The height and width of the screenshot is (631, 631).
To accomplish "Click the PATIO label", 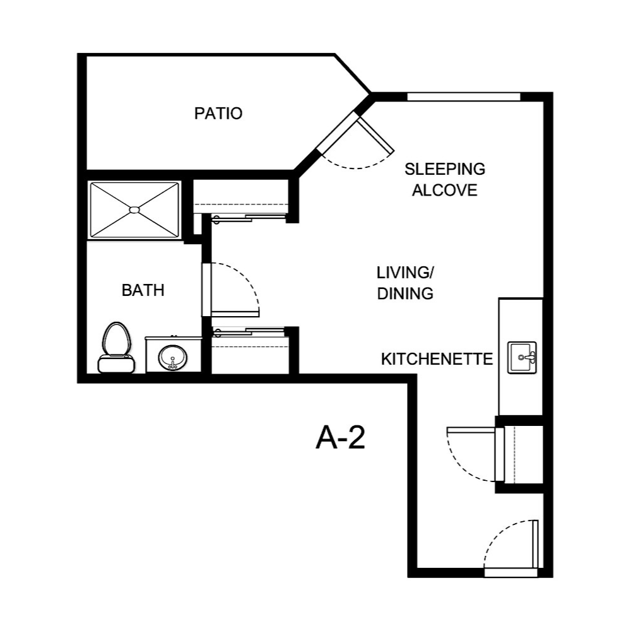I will (x=218, y=114).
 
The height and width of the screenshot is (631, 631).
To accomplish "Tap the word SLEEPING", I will (x=445, y=169).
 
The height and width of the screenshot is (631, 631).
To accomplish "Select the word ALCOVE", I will (x=445, y=191).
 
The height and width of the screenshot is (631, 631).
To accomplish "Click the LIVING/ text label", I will (x=404, y=273).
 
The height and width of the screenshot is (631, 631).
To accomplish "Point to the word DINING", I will (x=404, y=293).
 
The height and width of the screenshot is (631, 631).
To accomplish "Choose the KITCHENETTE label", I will (x=437, y=359).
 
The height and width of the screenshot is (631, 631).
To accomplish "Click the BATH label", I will (x=143, y=290).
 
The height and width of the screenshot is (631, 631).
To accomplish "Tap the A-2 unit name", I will (x=340, y=437).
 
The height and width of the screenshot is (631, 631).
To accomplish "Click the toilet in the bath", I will (x=116, y=347).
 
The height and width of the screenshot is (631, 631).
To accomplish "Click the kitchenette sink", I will (x=522, y=358).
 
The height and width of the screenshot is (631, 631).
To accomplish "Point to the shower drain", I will (x=134, y=209).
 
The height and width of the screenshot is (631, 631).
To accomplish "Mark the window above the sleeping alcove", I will (x=464, y=97).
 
